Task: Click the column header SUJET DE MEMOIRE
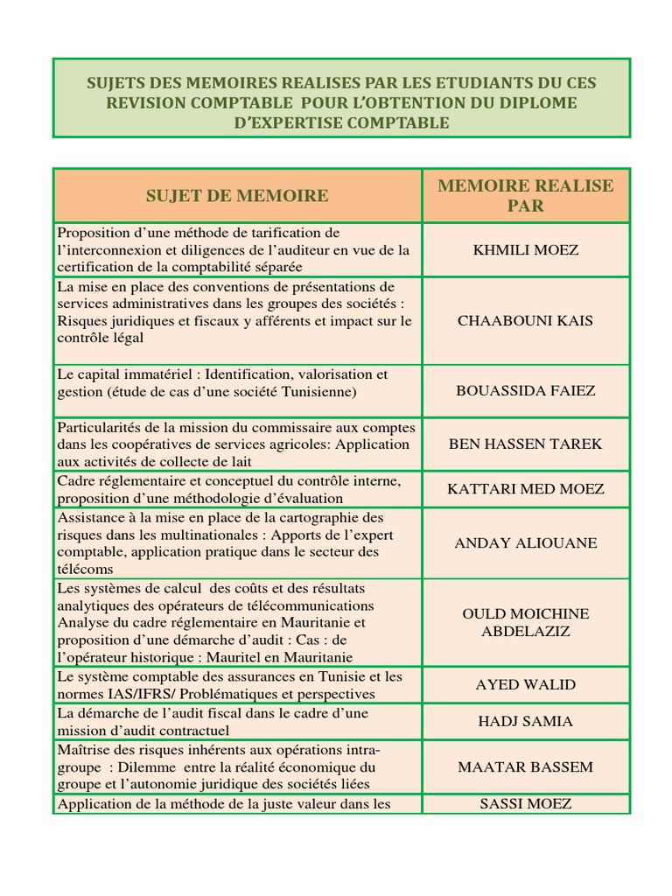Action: [x=237, y=196]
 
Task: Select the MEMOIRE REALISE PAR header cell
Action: [x=525, y=196]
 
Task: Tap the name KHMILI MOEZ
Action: [x=525, y=250]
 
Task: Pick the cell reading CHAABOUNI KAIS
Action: [x=525, y=320]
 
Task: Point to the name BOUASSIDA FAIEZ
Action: [x=525, y=390]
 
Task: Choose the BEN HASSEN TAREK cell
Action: [x=525, y=444]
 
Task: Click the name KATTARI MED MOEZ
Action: [x=525, y=489]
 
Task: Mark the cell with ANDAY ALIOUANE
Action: [x=525, y=543]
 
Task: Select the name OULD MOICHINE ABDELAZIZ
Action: [x=525, y=622]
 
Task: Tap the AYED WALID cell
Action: [x=525, y=684]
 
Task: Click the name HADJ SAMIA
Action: [x=525, y=722]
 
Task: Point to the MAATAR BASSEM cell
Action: [x=525, y=767]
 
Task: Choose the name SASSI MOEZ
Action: [x=525, y=803]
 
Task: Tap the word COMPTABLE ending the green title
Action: [x=394, y=123]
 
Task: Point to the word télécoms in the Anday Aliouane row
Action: [x=85, y=569]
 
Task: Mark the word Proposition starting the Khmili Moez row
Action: [x=94, y=233]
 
